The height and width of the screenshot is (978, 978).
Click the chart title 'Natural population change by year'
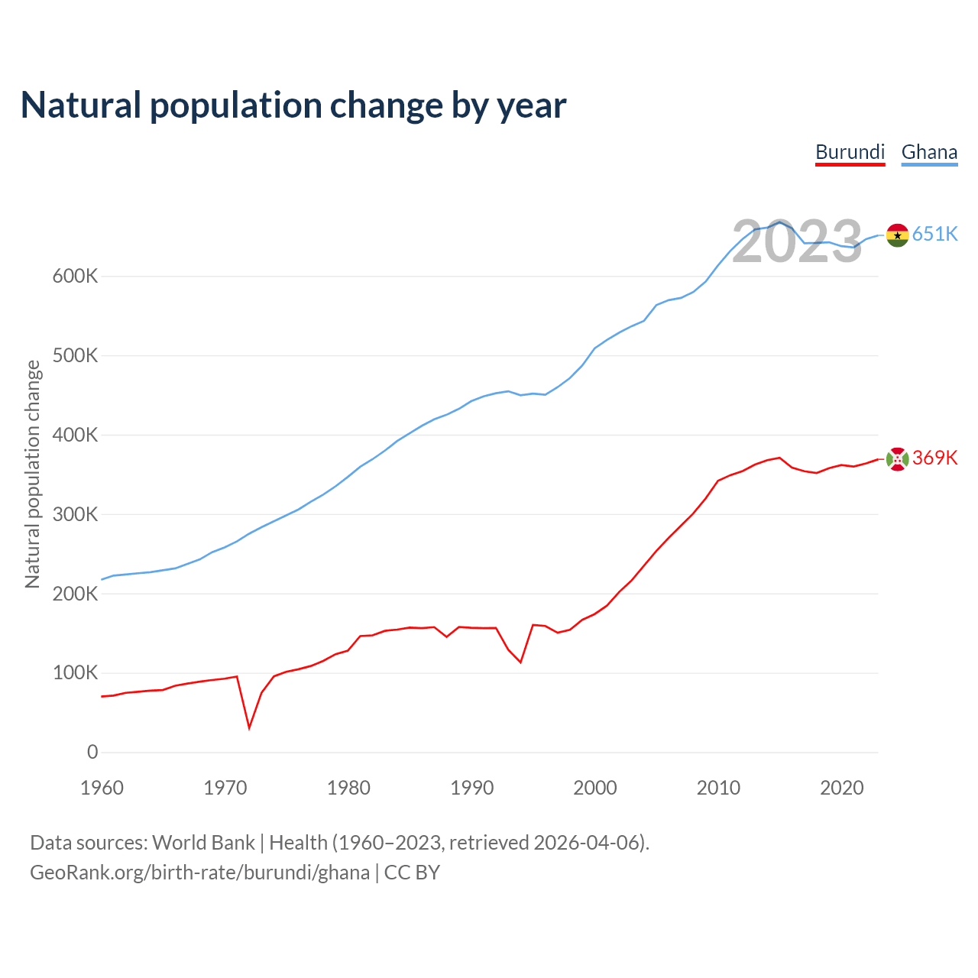coord(293,105)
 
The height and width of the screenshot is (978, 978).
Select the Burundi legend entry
coord(850,152)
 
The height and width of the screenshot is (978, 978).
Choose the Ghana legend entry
coord(929,152)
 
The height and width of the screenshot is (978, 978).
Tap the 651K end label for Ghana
coord(934,234)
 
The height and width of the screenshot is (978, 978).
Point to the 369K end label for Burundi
coord(934,458)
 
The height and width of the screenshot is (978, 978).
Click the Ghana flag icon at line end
coord(897,235)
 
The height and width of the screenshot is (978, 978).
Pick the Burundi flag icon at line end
coord(897,458)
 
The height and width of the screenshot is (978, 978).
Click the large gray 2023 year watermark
coord(797,242)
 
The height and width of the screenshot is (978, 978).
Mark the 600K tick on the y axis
coord(75,276)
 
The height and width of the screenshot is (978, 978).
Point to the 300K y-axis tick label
coord(75,514)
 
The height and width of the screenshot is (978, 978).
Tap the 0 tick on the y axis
coord(92,752)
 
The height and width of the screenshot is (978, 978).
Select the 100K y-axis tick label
coord(75,673)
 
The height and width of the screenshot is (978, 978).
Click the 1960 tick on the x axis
coord(102,788)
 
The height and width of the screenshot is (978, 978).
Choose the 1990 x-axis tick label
coord(472,788)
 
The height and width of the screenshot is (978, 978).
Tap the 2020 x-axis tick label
coord(841,788)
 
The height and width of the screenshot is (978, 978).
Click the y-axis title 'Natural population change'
coord(32,474)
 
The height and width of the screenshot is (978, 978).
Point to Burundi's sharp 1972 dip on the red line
coord(249,727)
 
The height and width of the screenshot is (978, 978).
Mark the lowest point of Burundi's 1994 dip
coord(520,662)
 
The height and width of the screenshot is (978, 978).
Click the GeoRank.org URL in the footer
coord(199,872)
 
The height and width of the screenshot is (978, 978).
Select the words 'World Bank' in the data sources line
coord(203,842)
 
